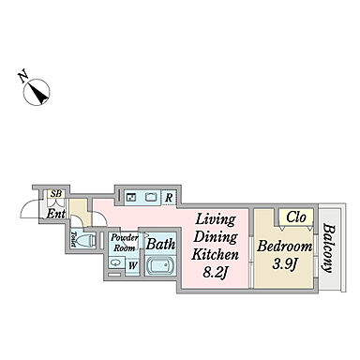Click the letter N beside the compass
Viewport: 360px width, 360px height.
(x=22, y=77)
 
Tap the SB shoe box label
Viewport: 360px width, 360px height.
(x=56, y=194)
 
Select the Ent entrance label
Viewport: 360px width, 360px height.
(x=56, y=214)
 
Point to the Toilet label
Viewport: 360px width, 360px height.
(x=73, y=239)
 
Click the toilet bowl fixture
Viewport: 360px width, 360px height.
(x=86, y=240)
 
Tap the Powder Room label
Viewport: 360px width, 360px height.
(x=125, y=243)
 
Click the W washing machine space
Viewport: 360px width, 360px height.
(x=133, y=266)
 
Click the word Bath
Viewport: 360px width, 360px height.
(x=160, y=244)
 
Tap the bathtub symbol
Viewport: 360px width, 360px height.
(x=160, y=266)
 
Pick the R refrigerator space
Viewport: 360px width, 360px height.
(x=169, y=198)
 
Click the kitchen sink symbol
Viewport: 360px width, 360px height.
(x=151, y=198)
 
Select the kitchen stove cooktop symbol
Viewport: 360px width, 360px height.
(x=131, y=198)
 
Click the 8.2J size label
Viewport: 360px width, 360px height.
(x=215, y=273)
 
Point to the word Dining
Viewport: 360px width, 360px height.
(x=216, y=237)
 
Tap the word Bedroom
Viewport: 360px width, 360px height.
(x=285, y=247)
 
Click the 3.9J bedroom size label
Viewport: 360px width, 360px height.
(x=284, y=264)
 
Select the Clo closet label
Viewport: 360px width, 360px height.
(x=296, y=217)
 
